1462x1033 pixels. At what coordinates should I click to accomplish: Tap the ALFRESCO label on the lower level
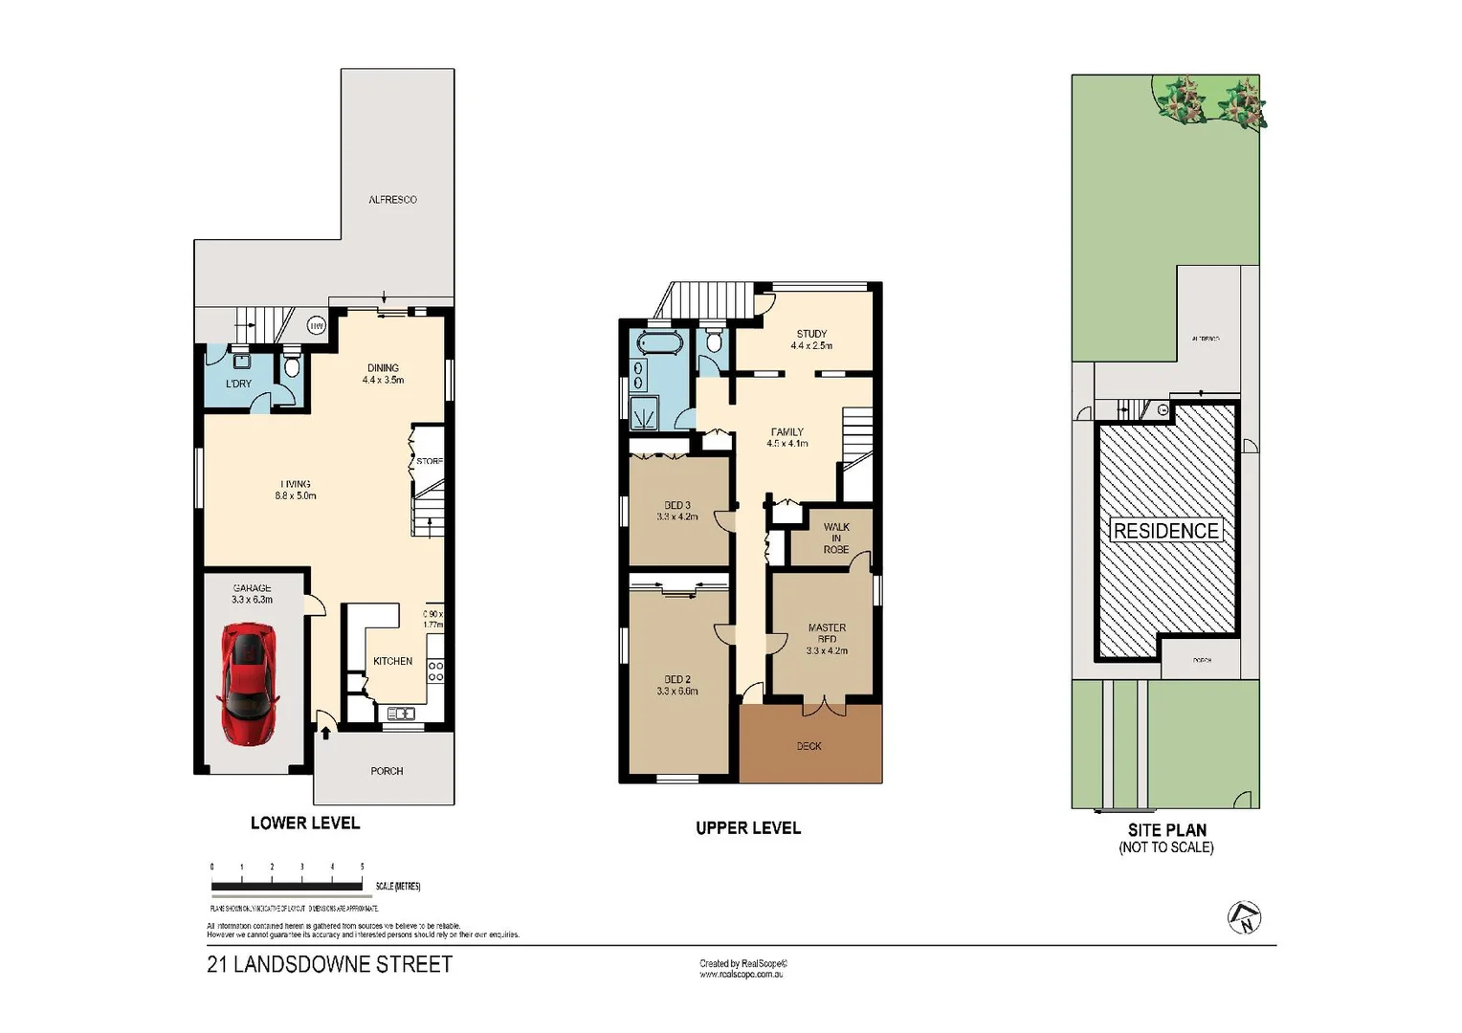tap(392, 200)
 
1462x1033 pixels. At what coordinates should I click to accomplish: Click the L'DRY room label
tap(238, 384)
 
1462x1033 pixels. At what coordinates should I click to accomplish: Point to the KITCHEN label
tap(392, 661)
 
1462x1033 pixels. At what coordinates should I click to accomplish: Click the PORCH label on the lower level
tap(387, 771)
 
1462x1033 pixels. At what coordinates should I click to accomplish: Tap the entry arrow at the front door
tap(325, 733)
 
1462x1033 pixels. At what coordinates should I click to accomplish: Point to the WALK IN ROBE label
tap(835, 538)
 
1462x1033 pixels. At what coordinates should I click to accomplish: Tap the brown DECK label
tap(809, 746)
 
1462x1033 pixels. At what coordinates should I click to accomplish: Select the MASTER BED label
tap(827, 638)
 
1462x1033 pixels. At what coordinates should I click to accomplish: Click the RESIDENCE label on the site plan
tap(1165, 531)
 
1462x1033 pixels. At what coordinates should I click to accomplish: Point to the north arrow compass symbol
tap(1244, 917)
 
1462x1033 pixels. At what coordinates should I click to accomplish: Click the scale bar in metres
tap(287, 886)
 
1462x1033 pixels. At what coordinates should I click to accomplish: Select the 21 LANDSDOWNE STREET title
tap(329, 964)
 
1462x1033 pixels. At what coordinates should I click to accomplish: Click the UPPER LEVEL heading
tap(747, 828)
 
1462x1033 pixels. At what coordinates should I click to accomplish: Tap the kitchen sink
tap(400, 714)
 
